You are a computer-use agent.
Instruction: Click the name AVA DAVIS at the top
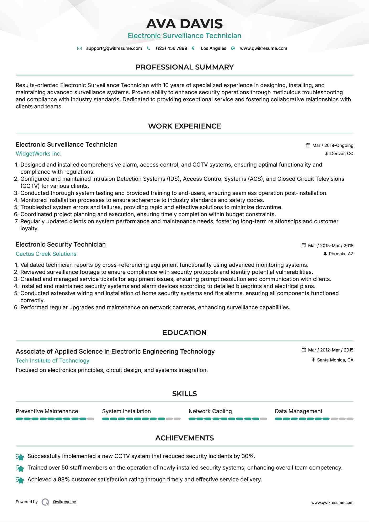pos(184,24)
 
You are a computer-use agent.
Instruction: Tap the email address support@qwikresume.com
pos(114,48)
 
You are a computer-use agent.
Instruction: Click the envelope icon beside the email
pos(79,48)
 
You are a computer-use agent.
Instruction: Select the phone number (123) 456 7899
pos(171,48)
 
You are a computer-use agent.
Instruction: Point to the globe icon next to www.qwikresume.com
pos(233,48)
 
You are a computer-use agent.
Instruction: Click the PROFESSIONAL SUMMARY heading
pos(184,67)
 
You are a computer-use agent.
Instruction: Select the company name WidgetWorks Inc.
pos(39,154)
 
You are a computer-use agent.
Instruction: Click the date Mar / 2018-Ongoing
pos(333,145)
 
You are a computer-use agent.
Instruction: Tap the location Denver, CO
pos(341,153)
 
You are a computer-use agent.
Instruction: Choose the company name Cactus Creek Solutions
pos(46,254)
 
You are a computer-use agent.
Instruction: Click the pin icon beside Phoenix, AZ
pos(325,254)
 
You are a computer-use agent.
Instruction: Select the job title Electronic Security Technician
pos(61,244)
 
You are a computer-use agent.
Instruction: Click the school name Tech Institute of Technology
pos(52,361)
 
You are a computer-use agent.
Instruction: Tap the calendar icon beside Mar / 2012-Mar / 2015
pos(304,350)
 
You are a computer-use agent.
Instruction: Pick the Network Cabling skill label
pos(210,411)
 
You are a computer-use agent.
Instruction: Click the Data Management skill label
pos(298,411)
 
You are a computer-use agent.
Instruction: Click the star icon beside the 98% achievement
pos(20,480)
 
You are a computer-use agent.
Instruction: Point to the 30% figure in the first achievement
pos(248,456)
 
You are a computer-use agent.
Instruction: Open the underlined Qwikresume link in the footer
pos(64,502)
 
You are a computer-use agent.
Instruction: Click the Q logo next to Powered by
pos(45,502)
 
